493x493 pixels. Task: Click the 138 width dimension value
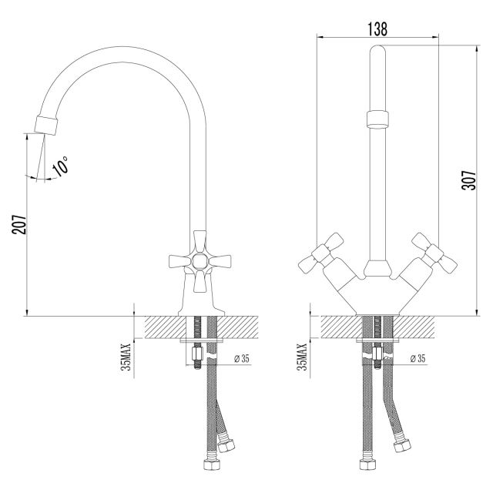coord(377,29)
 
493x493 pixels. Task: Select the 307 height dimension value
coord(469,180)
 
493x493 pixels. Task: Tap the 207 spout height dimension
coord(19,224)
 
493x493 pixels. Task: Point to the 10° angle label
coord(60,166)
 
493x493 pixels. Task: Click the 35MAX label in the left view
coord(126,357)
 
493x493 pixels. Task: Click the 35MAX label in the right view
coord(302,357)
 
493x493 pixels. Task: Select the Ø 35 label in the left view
coord(241,358)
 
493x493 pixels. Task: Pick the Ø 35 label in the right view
coord(418,358)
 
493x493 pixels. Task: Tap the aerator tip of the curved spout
coord(46,126)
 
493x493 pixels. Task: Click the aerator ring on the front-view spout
coord(377,119)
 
